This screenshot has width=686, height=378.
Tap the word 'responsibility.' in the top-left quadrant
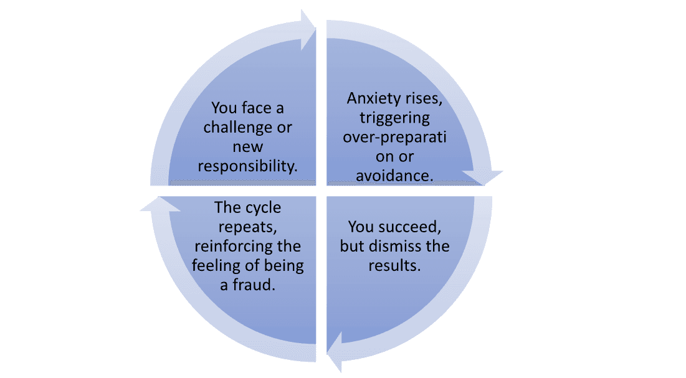coord(247,166)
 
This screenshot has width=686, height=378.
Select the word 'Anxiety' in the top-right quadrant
coord(373,98)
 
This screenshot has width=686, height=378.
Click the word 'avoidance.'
coord(394,176)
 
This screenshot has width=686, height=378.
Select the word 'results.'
coord(394,265)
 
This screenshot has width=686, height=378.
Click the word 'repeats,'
coord(247,227)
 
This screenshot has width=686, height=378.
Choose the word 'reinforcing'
coord(247,247)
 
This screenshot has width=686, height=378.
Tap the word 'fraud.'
coord(256,285)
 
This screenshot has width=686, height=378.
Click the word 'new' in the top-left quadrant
coord(247,147)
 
